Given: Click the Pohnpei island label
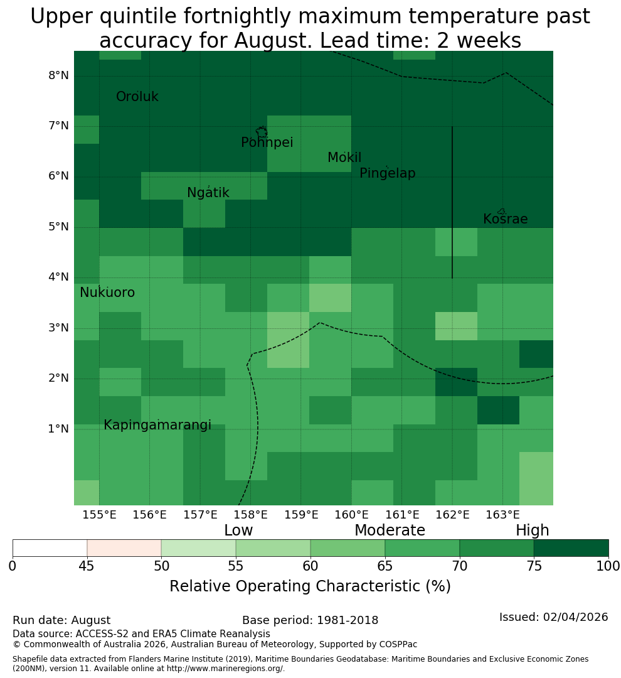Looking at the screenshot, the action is (267, 143).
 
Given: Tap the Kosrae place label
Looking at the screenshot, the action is (505, 219).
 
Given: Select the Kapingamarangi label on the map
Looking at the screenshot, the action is (157, 426).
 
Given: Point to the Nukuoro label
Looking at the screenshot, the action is (107, 293).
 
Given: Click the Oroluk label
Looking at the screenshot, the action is (137, 97).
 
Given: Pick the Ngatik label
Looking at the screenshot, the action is (208, 193).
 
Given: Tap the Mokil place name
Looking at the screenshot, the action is (344, 158).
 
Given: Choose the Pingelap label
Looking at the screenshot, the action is (387, 173).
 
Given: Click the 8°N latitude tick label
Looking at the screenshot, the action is (58, 76).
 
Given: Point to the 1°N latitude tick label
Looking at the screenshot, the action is (58, 429).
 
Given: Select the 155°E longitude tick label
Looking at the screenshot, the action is (99, 515).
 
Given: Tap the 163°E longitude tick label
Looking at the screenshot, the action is (502, 515).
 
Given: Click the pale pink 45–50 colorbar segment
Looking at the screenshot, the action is (124, 548).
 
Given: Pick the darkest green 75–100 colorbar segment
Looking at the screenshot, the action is (571, 548).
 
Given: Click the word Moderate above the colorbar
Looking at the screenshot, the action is (390, 530).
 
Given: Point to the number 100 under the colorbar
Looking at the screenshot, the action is (608, 566).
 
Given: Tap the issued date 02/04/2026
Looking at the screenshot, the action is (575, 617).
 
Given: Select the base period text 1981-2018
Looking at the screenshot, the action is (348, 620).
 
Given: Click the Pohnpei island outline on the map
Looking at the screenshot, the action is (262, 132).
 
